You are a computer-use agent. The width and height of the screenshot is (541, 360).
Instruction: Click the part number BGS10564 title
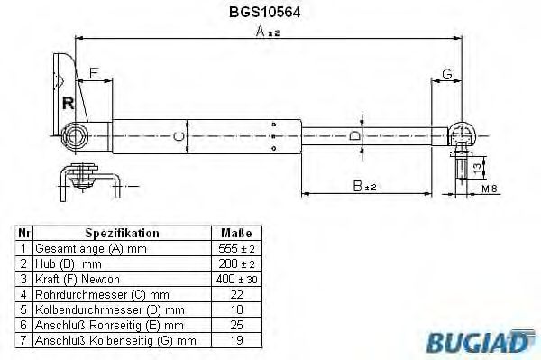[x=270, y=14]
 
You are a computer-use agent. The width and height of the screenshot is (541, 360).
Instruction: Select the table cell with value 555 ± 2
[x=237, y=247]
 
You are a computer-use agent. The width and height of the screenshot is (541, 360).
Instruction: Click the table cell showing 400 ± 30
[x=237, y=280]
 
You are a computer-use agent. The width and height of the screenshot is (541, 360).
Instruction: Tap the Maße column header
[x=237, y=232]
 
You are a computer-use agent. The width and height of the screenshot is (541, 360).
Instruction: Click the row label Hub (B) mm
[x=68, y=263]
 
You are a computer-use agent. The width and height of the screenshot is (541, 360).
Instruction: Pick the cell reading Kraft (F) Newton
[x=76, y=280]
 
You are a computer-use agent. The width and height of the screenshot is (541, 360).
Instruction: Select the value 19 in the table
[x=237, y=341]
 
